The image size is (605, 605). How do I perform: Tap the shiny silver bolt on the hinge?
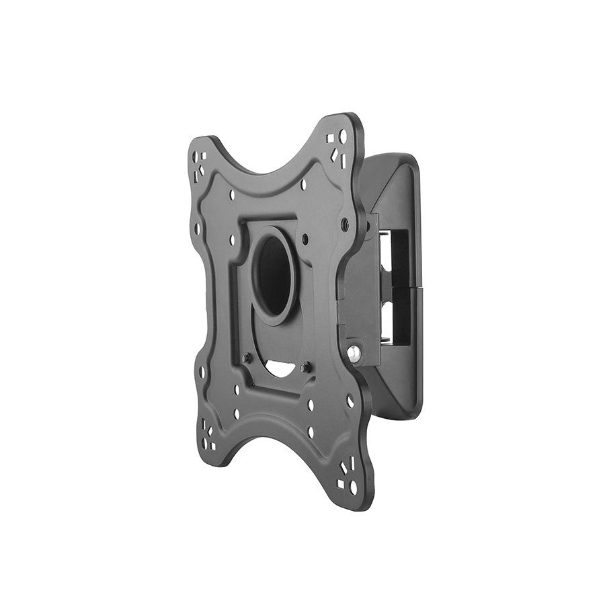[354, 352]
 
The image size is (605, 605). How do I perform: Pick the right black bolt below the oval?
[307, 367]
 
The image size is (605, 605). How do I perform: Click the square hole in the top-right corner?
[330, 138]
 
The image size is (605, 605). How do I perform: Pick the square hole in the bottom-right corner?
[340, 483]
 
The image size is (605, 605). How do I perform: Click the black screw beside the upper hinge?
[345, 222]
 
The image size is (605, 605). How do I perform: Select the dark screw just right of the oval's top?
[305, 239]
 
